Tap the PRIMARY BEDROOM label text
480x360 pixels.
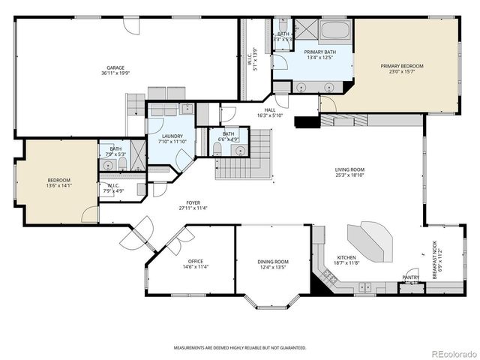tap(401, 66)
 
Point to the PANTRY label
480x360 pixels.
tap(411, 277)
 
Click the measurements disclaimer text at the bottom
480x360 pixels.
tap(240, 348)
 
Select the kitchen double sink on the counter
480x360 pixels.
tap(364, 286)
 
